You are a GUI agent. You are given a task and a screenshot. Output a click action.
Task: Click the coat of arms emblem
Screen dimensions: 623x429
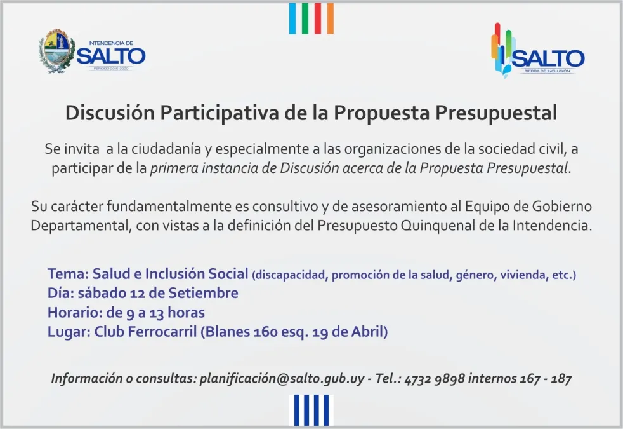(x=56, y=51)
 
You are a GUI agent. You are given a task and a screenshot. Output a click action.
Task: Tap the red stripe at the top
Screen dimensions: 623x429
(x=317, y=18)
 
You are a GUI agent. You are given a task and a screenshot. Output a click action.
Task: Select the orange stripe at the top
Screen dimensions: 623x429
(x=330, y=18)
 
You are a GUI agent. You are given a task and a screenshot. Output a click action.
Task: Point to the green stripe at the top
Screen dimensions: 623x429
(x=305, y=18)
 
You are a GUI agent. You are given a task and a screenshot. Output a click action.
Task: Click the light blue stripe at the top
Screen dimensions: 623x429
(x=292, y=18)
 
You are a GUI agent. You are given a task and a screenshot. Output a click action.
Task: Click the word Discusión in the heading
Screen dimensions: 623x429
(x=110, y=112)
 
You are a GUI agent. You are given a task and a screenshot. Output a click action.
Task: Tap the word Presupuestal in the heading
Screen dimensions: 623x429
(x=496, y=113)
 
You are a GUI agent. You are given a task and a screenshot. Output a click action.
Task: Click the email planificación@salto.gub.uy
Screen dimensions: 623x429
(x=282, y=378)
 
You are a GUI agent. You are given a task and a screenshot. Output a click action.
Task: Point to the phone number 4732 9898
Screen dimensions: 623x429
(x=435, y=379)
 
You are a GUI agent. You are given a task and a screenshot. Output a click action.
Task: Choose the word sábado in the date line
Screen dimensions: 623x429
(x=102, y=293)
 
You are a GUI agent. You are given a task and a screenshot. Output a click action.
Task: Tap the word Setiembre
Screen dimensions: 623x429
(x=203, y=293)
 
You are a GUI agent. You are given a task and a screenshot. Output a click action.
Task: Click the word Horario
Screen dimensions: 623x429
(x=75, y=313)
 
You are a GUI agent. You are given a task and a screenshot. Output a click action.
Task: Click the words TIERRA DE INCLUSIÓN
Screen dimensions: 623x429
(x=547, y=71)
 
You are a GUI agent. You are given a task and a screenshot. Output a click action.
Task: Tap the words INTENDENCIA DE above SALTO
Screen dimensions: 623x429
(x=111, y=43)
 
